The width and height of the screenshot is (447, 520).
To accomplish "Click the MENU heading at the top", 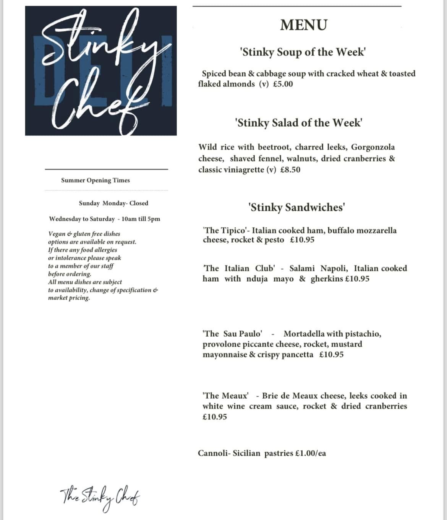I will click(303, 25).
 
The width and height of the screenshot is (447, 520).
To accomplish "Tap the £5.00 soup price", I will click(283, 84).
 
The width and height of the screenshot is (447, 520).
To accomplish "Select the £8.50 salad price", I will click(290, 170).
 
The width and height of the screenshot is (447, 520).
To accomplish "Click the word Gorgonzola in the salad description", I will click(373, 147).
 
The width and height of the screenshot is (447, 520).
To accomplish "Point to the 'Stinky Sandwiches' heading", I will click(297, 207).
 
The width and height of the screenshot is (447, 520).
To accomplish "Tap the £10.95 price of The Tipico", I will click(302, 240).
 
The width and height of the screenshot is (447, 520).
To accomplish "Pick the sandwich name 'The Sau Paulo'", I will click(233, 334).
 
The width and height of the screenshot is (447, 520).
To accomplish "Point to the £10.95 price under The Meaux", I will click(215, 417).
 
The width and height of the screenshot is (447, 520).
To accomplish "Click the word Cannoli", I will click(213, 453).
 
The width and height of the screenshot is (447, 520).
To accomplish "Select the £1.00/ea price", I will click(311, 453).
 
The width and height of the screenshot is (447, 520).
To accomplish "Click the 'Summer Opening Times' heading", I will click(96, 180).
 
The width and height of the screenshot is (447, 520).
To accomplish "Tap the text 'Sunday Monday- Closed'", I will click(113, 203).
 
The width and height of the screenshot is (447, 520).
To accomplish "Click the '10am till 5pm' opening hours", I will click(141, 219).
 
